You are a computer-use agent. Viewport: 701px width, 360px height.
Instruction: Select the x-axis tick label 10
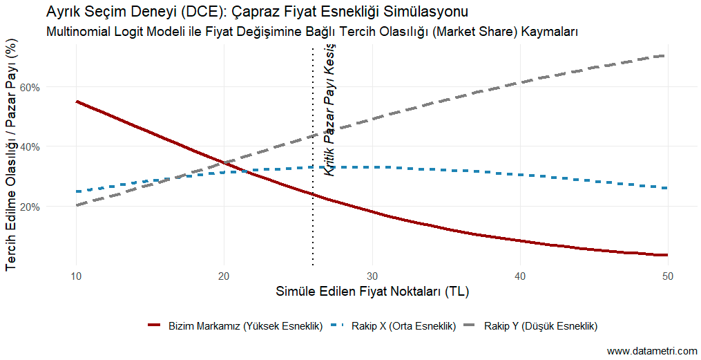click(x=76, y=276)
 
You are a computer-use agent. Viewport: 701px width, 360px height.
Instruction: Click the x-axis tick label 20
click(x=224, y=276)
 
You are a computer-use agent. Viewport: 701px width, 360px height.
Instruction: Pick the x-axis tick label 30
click(x=372, y=276)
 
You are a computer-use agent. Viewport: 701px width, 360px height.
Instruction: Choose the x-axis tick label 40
click(x=519, y=276)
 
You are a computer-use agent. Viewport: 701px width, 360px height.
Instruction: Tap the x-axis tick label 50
click(x=667, y=276)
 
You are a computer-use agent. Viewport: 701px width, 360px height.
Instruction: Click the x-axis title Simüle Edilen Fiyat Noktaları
click(x=372, y=292)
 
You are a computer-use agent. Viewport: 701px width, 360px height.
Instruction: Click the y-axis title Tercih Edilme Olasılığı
click(x=11, y=156)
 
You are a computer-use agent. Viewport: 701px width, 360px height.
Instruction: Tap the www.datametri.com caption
click(x=652, y=351)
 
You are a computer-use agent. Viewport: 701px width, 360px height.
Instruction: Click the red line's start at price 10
click(x=77, y=102)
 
